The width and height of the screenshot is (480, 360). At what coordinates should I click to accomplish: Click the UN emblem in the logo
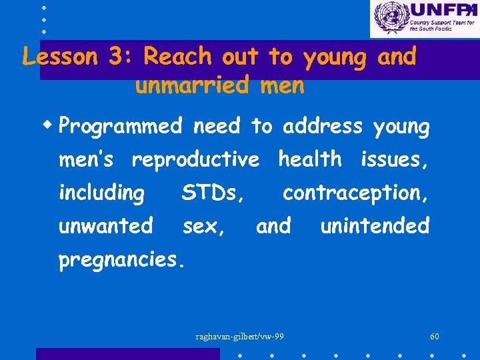coord(390,18)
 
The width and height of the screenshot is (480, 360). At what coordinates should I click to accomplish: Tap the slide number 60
coord(435,336)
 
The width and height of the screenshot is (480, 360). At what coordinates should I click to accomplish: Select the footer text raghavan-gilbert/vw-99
coord(240,336)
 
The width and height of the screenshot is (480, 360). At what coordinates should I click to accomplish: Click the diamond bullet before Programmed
coord(51,125)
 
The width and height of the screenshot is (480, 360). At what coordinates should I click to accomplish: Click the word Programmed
coord(120,127)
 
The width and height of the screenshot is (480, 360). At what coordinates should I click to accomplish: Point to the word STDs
coord(212,193)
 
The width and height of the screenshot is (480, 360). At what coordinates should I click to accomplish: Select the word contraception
coord(355,193)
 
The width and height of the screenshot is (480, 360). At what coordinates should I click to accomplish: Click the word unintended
coord(375,226)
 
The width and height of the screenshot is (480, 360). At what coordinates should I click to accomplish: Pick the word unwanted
coord(105,226)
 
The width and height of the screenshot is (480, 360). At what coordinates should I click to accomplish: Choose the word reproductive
coord(195,160)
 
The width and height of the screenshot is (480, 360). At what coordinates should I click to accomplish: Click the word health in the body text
coord(309,159)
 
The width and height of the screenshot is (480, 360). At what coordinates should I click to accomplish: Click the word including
coord(101,193)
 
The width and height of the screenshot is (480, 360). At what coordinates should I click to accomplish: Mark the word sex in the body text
coord(203,226)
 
